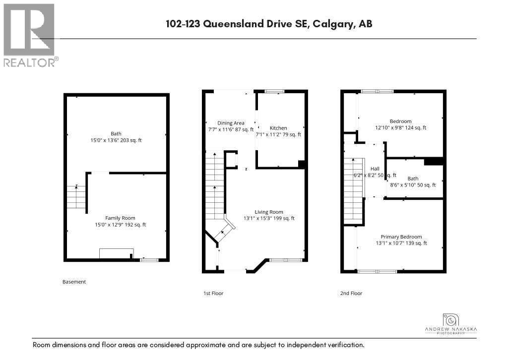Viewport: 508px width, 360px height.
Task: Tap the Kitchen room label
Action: tap(278, 128)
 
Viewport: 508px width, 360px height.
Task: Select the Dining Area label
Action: tap(231, 123)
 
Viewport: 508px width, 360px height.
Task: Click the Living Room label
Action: tap(268, 211)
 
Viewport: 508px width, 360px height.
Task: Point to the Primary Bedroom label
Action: tap(401, 237)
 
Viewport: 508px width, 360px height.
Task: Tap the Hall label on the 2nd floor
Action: tap(375, 169)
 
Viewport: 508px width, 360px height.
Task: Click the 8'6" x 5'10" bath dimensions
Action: tap(413, 185)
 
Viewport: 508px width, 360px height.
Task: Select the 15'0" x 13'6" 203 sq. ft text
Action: tap(116, 140)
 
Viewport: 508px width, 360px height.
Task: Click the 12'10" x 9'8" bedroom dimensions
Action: tap(400, 128)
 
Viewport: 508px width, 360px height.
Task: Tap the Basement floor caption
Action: tap(74, 282)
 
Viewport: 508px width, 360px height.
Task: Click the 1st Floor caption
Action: tap(213, 293)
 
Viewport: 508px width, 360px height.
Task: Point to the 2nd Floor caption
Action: tap(351, 293)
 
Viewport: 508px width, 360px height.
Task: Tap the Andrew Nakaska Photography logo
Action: tap(451, 325)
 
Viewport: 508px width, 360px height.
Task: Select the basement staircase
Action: tap(76, 196)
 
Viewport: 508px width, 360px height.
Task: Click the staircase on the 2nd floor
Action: tap(353, 191)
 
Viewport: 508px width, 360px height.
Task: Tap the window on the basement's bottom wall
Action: tap(148, 260)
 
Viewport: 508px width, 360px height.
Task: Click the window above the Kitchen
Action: tap(274, 91)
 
